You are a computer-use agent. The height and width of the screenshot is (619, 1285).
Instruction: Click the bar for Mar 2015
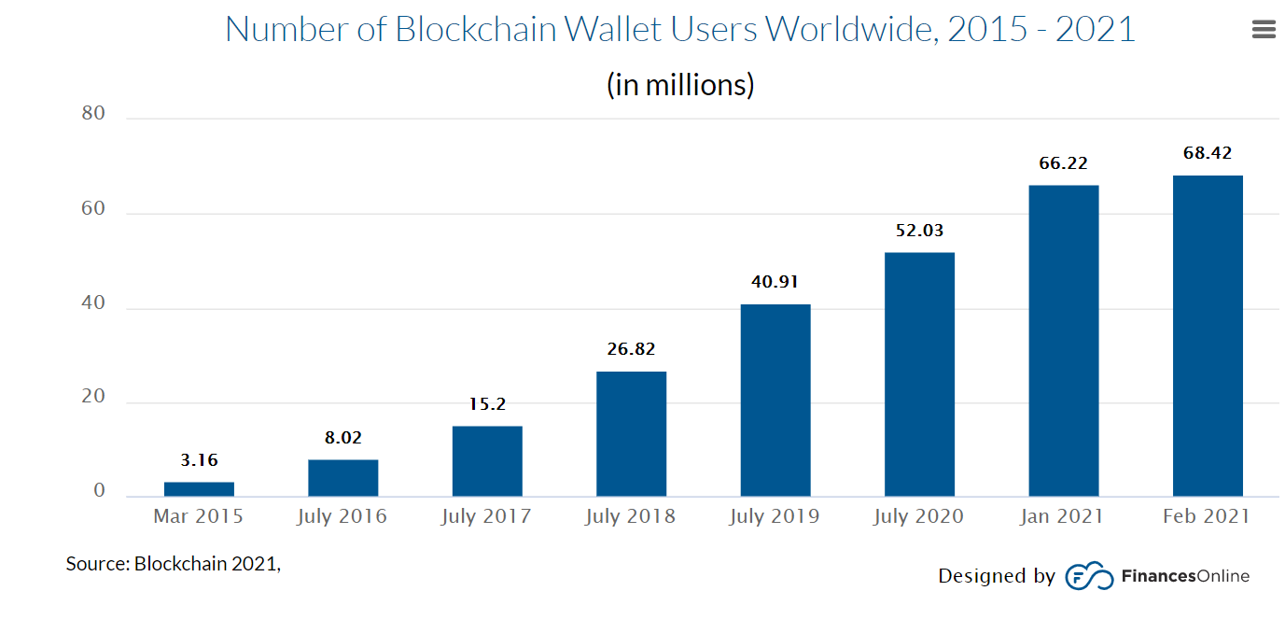[199, 488]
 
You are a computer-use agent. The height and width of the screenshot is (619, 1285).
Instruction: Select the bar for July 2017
[487, 460]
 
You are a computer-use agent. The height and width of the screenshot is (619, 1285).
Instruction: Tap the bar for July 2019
[775, 400]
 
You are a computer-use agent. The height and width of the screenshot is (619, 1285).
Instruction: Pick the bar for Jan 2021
[1064, 340]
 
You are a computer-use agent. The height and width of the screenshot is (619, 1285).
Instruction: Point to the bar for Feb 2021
[1208, 335]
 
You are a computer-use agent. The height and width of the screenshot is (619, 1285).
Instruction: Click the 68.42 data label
[1208, 153]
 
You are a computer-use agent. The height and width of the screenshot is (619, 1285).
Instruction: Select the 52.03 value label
[920, 231]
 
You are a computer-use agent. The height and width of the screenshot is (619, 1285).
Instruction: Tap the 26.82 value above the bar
[631, 349]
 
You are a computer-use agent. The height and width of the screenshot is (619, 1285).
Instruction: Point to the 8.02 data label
[343, 437]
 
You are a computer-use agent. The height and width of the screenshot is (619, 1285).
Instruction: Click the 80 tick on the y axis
[93, 114]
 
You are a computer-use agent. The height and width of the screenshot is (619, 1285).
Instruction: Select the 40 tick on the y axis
[93, 303]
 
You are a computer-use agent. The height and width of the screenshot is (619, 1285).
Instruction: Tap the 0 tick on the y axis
[100, 492]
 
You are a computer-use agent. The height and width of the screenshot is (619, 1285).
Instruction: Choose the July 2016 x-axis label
[342, 516]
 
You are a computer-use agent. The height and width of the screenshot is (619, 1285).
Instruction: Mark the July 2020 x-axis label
[919, 516]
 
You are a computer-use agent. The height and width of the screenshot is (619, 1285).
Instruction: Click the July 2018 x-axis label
[631, 516]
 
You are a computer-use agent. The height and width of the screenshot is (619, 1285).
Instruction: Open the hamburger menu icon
[1264, 30]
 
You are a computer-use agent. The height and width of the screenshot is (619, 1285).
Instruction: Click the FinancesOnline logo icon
[1089, 576]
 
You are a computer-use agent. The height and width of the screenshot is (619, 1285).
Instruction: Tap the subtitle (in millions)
[680, 85]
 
